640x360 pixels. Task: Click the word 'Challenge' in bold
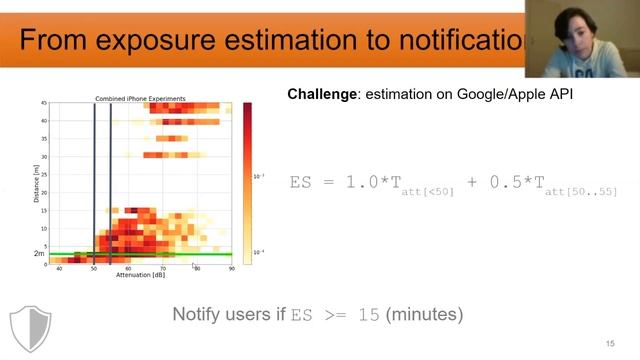(321, 94)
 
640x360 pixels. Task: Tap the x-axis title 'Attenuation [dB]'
(140, 275)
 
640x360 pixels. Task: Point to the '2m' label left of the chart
(39, 254)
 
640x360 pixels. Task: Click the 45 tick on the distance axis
(44, 103)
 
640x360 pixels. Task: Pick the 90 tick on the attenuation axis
(231, 268)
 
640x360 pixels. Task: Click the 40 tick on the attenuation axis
(59, 268)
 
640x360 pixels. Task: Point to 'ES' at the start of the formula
(301, 182)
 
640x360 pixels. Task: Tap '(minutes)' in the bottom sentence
(425, 314)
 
